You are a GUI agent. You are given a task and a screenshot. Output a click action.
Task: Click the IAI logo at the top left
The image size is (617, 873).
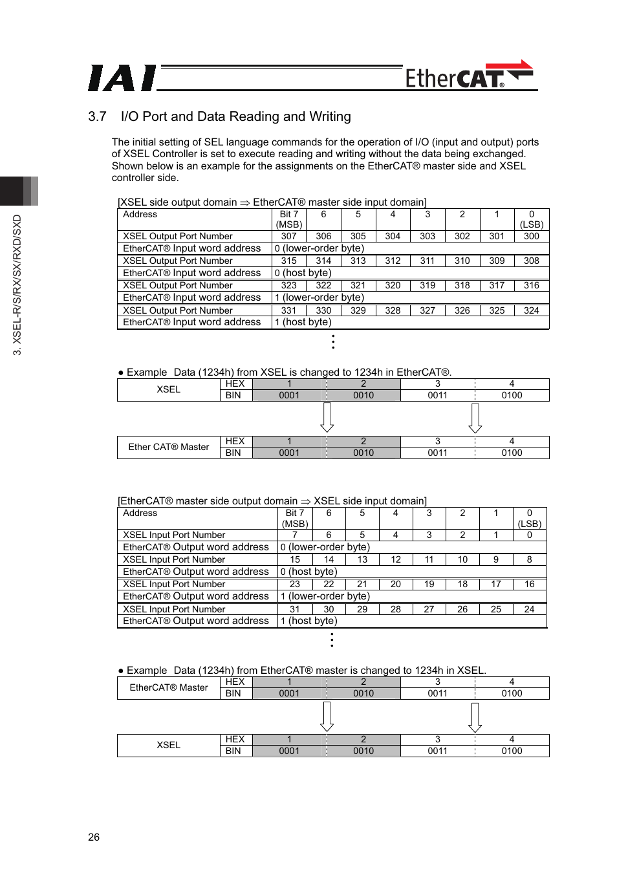122,78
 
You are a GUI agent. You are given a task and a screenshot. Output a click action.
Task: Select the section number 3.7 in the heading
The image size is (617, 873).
97,116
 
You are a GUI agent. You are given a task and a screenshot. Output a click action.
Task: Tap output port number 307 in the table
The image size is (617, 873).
289,236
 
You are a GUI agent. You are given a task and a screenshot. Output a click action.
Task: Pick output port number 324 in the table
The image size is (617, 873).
531,310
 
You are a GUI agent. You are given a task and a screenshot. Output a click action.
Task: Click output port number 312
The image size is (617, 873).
393,261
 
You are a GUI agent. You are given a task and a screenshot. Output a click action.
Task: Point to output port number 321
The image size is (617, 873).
358,285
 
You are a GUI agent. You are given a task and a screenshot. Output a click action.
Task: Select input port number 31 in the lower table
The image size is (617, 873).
295,609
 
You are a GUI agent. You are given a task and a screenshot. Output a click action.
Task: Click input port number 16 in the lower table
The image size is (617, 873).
529,584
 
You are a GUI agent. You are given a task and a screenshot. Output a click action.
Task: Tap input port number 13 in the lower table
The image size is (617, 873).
362,559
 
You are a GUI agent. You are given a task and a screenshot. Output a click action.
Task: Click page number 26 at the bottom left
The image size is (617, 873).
94,837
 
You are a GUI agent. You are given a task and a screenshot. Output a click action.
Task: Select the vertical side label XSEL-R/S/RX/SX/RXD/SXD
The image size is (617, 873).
17,285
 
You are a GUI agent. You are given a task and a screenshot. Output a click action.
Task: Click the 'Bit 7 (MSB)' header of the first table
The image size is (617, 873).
289,219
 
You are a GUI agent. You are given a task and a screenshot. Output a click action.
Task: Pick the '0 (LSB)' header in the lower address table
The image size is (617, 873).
529,518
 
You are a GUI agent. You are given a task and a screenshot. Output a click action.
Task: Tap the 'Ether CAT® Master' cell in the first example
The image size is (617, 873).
169,447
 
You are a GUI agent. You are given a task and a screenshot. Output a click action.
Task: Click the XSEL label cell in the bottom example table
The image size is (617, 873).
168,745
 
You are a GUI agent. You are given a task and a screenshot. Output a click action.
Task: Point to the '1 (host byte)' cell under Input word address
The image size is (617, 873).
303,322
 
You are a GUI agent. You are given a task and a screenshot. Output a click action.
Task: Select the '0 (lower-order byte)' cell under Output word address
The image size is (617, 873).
325,547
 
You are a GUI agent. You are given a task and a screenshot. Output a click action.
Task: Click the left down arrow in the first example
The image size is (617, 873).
327,417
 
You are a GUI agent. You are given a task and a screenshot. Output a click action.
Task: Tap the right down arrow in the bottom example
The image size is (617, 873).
475,717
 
